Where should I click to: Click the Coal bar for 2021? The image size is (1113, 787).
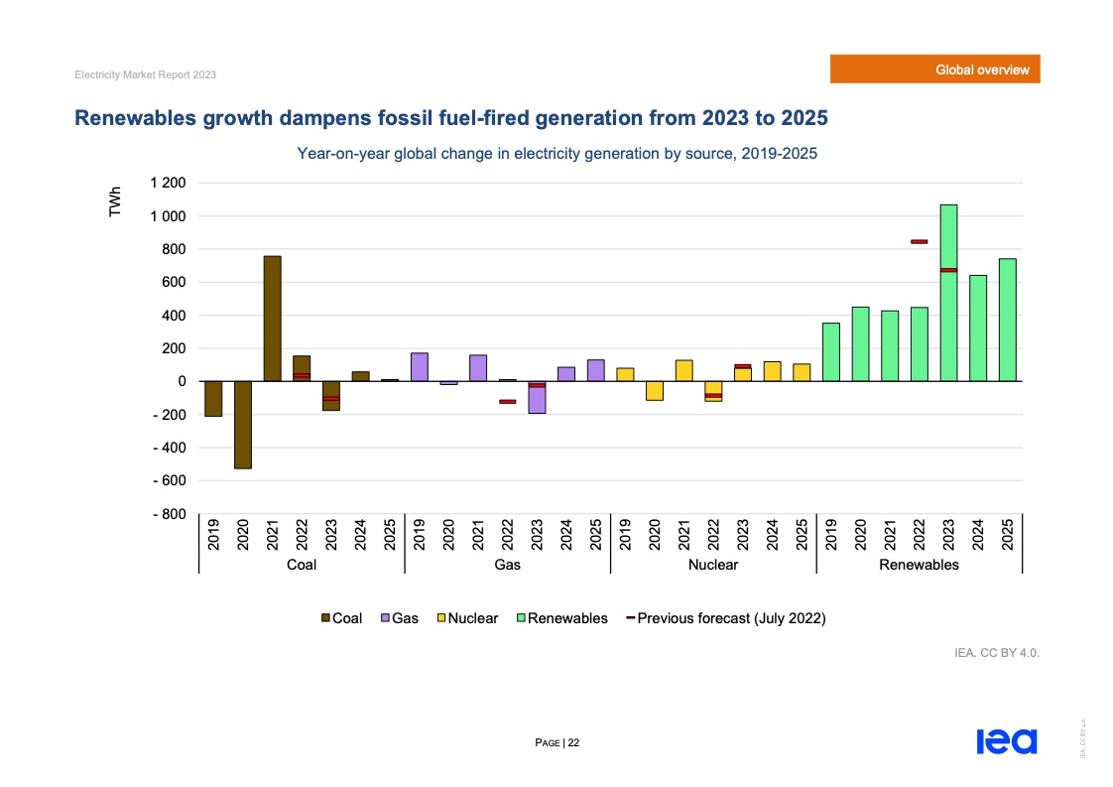(x=272, y=319)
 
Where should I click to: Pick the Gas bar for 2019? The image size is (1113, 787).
(x=419, y=367)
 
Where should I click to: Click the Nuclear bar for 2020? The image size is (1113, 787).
(x=654, y=390)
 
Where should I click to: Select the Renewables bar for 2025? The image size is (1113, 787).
(x=1007, y=320)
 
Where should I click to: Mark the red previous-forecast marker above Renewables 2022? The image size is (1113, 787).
(x=919, y=241)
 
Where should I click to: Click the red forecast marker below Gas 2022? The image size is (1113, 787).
(x=507, y=402)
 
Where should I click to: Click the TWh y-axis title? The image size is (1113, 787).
(x=116, y=203)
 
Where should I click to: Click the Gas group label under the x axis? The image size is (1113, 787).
(x=507, y=565)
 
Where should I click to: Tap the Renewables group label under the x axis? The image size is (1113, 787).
(x=919, y=565)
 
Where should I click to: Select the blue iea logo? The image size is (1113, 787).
(x=1006, y=741)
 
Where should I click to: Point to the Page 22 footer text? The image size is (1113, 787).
(x=556, y=742)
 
